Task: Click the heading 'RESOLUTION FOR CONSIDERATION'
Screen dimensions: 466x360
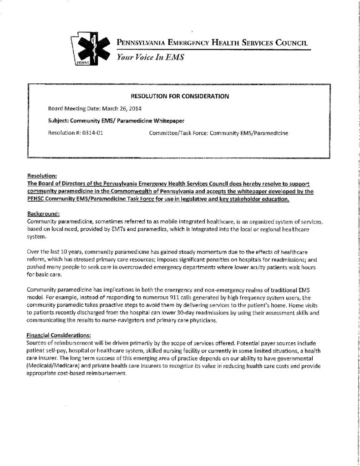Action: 180,96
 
